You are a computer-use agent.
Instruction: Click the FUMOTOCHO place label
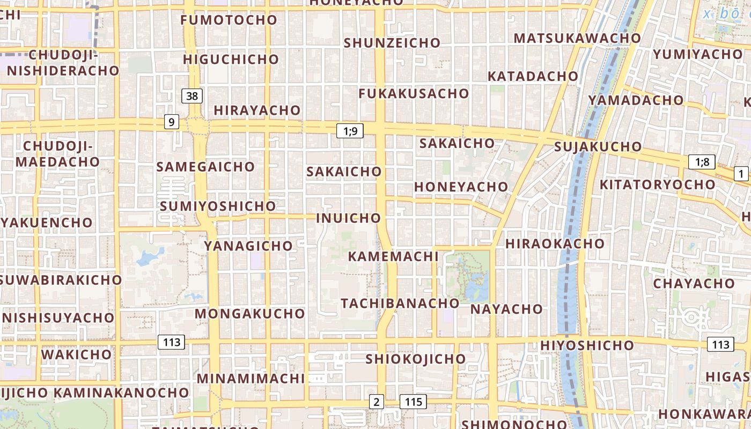click(x=229, y=20)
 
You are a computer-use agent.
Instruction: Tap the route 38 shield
click(x=192, y=96)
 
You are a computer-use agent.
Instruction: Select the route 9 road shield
click(x=171, y=122)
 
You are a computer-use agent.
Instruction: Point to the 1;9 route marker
click(x=350, y=130)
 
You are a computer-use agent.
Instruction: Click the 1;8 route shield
click(x=702, y=162)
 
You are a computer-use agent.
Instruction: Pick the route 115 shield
click(x=413, y=402)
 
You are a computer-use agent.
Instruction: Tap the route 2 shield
click(x=377, y=402)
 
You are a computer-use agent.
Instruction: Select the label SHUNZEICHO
click(x=392, y=43)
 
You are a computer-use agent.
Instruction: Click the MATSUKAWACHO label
click(x=577, y=38)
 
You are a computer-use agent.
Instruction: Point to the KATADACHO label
click(x=533, y=76)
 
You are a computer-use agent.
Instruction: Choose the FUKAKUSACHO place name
click(x=414, y=93)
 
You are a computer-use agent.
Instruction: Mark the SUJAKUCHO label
click(x=598, y=146)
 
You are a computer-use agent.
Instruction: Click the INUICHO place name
click(x=349, y=218)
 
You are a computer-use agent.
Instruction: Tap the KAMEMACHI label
click(x=393, y=256)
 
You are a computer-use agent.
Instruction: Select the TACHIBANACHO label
click(x=400, y=303)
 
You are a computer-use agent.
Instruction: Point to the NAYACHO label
click(x=507, y=309)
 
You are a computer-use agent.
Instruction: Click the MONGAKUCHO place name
click(x=250, y=313)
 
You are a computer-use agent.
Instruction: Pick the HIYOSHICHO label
click(x=587, y=345)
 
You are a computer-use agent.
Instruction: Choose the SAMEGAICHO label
click(x=205, y=167)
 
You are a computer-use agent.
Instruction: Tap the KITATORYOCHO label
click(x=657, y=184)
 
